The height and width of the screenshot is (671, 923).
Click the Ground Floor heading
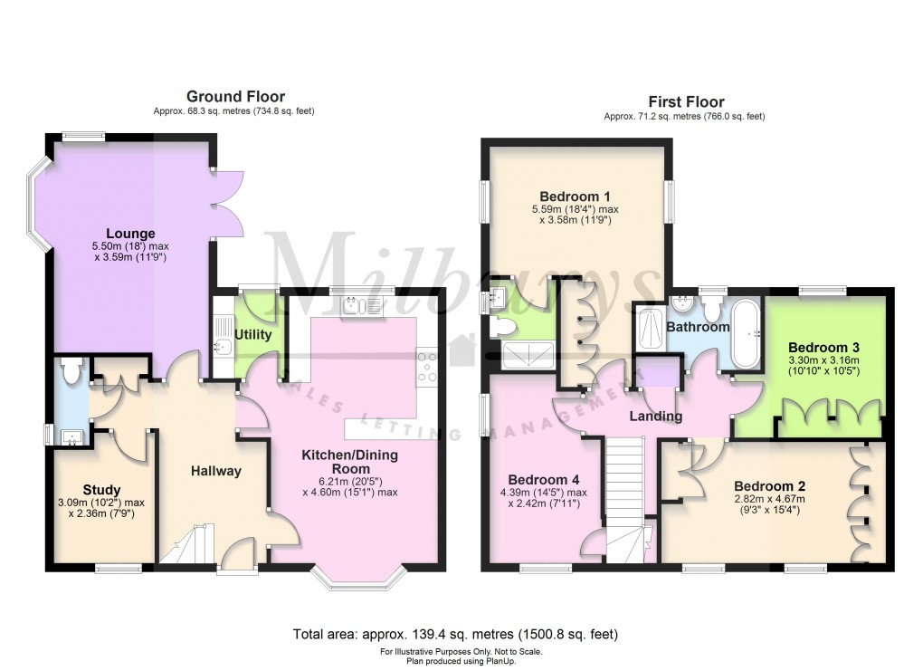coord(235,96)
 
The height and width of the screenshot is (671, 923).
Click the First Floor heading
coord(686,101)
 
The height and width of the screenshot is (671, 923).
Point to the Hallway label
coord(215,470)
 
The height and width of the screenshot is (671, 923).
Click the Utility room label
coord(252,334)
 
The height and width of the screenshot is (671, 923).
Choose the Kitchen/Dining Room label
coord(349,462)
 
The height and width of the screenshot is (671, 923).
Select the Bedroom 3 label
coord(823,347)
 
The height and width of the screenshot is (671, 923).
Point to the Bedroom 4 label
coord(543,479)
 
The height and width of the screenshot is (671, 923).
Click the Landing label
coord(656,416)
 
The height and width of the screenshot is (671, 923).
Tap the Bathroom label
coord(698,327)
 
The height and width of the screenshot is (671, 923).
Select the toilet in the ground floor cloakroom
coord(70,369)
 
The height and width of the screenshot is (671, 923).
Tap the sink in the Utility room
coord(224,343)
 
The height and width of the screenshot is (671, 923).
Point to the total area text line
coord(455,634)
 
